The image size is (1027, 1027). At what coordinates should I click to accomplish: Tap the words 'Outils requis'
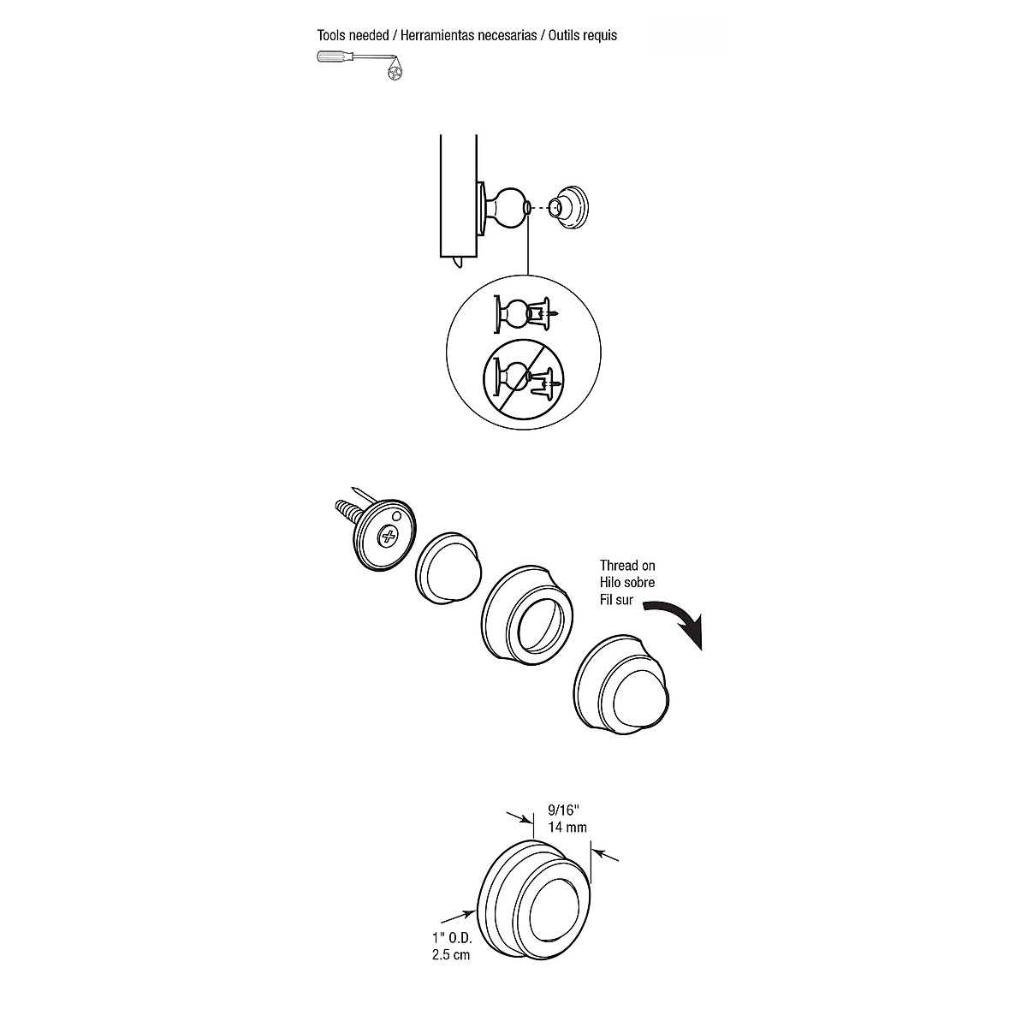[585, 36]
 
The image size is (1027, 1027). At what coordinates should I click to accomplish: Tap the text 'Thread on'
[627, 566]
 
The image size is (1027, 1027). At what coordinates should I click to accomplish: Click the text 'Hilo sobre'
[627, 583]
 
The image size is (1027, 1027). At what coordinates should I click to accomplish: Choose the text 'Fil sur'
[616, 600]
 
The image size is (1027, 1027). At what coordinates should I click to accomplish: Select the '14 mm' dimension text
[567, 828]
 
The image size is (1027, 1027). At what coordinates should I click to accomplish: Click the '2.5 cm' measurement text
[451, 955]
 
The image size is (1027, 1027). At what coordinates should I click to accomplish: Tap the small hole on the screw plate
[397, 517]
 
